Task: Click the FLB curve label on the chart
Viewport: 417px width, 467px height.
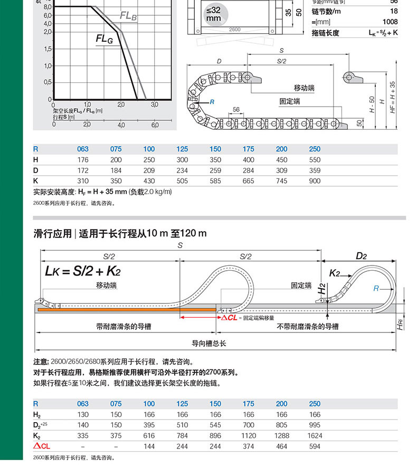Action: pyautogui.click(x=128, y=16)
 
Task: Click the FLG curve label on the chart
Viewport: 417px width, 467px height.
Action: pyautogui.click(x=104, y=39)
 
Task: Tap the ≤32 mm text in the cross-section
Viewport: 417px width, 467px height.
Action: pyautogui.click(x=213, y=14)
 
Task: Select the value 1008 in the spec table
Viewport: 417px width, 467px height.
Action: pyautogui.click(x=390, y=22)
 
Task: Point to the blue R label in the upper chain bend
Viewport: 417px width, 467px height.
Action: pyautogui.click(x=212, y=101)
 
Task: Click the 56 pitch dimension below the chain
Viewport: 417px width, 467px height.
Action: pyautogui.click(x=235, y=109)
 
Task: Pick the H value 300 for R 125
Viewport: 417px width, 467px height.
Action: pyautogui.click(x=182, y=159)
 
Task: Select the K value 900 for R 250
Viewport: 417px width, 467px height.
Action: pyautogui.click(x=315, y=180)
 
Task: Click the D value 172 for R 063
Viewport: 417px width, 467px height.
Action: pyautogui.click(x=83, y=170)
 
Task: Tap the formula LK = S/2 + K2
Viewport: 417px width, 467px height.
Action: pyautogui.click(x=83, y=272)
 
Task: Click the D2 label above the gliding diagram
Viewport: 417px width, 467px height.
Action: pyautogui.click(x=361, y=256)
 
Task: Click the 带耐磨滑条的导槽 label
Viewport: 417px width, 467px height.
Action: pyautogui.click(x=124, y=327)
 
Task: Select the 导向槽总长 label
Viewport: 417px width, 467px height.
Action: pyautogui.click(x=209, y=343)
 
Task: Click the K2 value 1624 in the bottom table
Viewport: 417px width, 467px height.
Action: pyautogui.click(x=315, y=436)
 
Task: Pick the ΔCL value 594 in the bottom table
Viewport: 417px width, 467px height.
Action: pyautogui.click(x=315, y=446)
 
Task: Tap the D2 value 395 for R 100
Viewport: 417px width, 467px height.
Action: pyautogui.click(x=149, y=425)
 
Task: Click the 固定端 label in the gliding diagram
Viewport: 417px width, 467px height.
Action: pyautogui.click(x=302, y=285)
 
